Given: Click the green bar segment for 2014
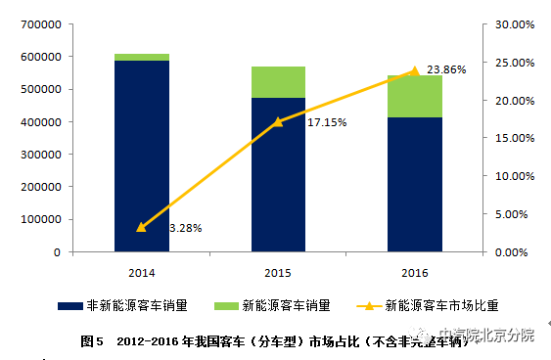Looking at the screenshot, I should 141,57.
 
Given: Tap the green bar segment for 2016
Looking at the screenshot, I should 414,96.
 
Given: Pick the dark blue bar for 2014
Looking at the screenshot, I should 141,157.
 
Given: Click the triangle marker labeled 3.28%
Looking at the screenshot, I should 141,227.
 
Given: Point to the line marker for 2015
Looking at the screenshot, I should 278,121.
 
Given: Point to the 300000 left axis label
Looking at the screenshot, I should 40,155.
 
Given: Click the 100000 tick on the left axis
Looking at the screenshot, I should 40,219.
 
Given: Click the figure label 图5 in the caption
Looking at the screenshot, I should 93,341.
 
